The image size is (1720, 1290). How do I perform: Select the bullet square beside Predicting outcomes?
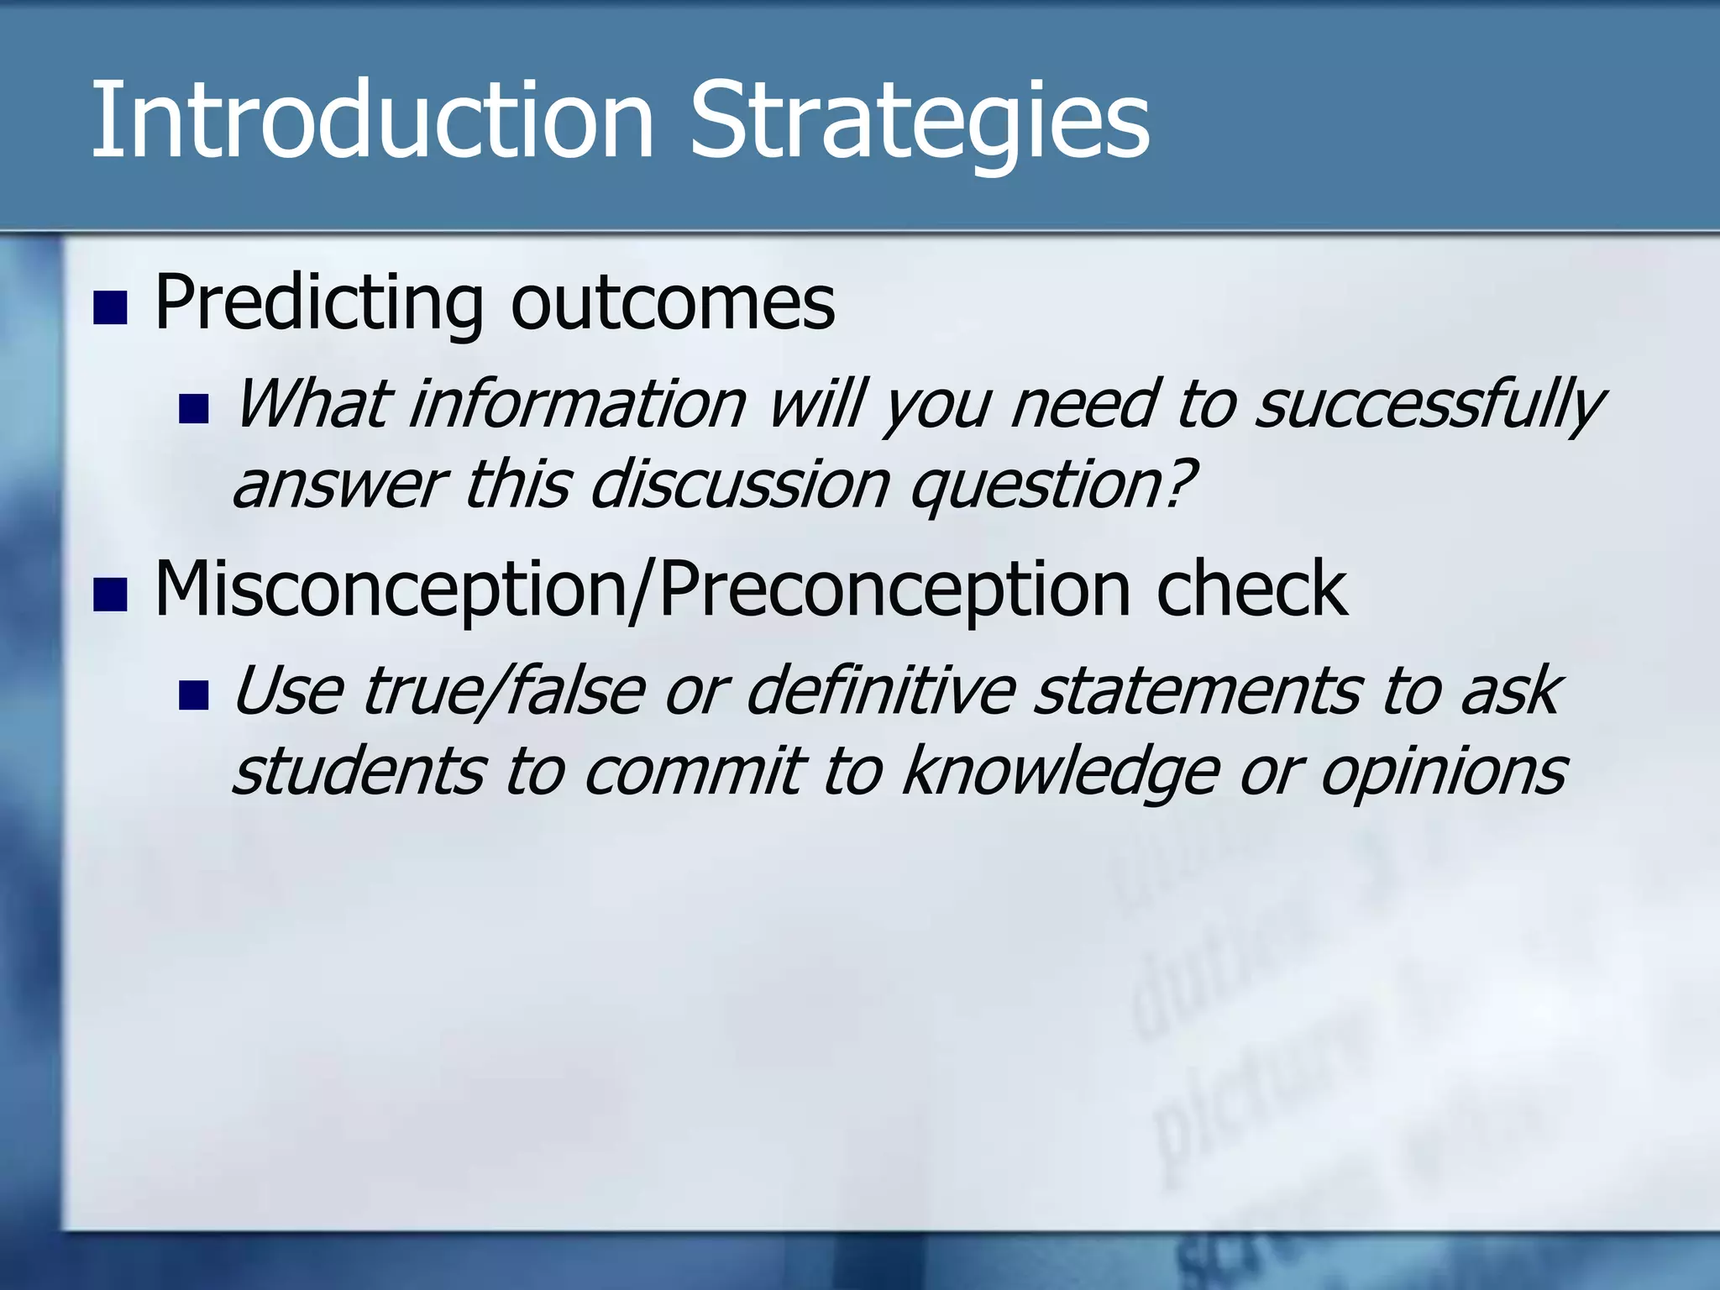pyautogui.click(x=110, y=307)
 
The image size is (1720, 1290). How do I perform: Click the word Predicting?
pyautogui.click(x=319, y=304)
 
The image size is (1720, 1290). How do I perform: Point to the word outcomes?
pyautogui.click(x=672, y=304)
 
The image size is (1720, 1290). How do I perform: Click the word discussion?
pyautogui.click(x=739, y=485)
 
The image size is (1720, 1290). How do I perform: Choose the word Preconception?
pyautogui.click(x=894, y=590)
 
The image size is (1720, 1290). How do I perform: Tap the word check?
pyautogui.click(x=1251, y=590)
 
